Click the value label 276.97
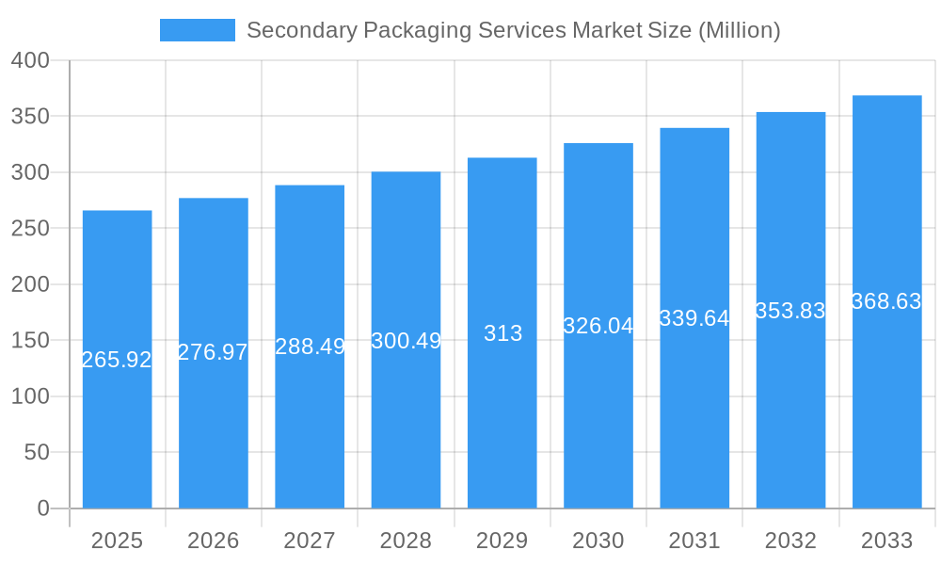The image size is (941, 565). point(213,352)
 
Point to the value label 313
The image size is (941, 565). point(502,333)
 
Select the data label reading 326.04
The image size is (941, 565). point(598,326)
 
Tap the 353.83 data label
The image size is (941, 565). point(790,312)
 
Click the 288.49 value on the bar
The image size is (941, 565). point(310,347)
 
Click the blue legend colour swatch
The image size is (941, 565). point(198,30)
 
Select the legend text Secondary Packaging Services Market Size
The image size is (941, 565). point(468,30)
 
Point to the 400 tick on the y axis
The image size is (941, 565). point(30,60)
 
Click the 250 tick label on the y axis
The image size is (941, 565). point(30,229)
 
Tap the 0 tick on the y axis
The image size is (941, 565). point(42,508)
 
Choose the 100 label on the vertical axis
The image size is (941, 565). point(30,396)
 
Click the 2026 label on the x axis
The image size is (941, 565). point(213,541)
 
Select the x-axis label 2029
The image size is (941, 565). point(502,541)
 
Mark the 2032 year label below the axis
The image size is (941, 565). point(790,541)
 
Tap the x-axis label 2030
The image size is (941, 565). point(598,541)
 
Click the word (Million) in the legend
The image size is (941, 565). point(739,30)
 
